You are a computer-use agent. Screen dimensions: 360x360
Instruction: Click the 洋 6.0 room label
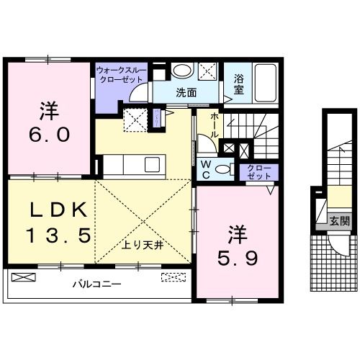point(48,124)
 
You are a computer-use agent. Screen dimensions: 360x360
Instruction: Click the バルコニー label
point(96,284)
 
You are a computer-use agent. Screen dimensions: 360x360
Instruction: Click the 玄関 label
point(339,222)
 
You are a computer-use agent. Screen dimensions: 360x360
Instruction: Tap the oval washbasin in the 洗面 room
point(183,71)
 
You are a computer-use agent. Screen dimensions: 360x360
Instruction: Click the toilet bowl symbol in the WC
point(223,168)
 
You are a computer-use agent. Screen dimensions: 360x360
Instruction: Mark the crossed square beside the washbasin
point(209,72)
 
